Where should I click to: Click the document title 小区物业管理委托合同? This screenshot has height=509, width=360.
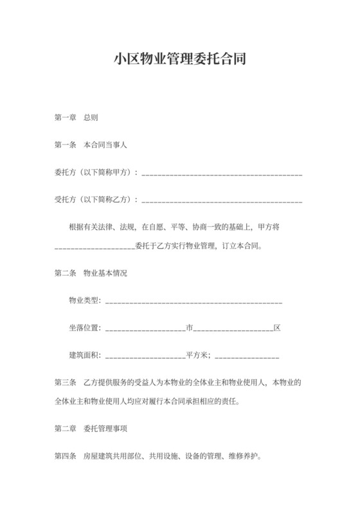180,60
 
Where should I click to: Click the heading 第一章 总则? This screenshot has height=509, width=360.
76,118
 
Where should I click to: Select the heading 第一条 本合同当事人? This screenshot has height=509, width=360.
91,145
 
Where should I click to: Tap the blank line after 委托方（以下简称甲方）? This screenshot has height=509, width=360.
222,174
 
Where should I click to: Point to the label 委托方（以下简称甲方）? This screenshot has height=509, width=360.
94,173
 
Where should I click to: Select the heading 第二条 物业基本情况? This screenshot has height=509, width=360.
91,274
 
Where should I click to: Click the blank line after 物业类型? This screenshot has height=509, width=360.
194,302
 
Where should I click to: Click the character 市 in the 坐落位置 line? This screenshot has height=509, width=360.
190,328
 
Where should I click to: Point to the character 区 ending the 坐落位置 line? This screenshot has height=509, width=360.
277,328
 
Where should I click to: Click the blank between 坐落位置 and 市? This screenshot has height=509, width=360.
145,329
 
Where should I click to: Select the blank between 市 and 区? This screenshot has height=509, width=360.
233,329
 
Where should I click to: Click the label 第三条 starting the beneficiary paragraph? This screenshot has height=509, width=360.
66,382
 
